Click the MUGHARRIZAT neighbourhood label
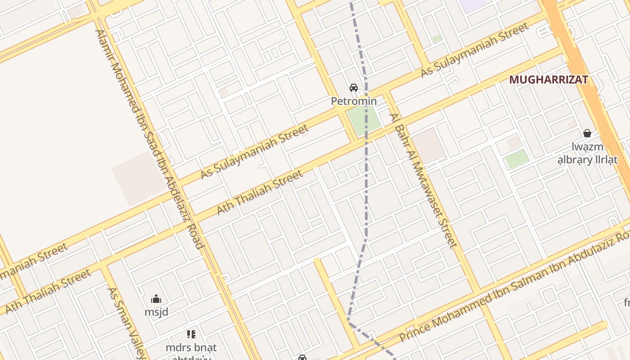coord(549,80)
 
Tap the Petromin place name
coord(354,101)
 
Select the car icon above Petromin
coord(354,88)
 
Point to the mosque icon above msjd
coord(156,299)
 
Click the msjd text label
coord(156,311)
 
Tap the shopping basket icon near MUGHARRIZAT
coord(587,133)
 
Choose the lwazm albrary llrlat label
coord(594,153)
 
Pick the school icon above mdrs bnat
coord(191,334)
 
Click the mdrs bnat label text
coord(191,347)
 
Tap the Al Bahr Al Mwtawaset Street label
coord(423,180)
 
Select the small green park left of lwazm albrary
coord(517,159)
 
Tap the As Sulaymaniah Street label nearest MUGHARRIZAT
coord(475,50)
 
